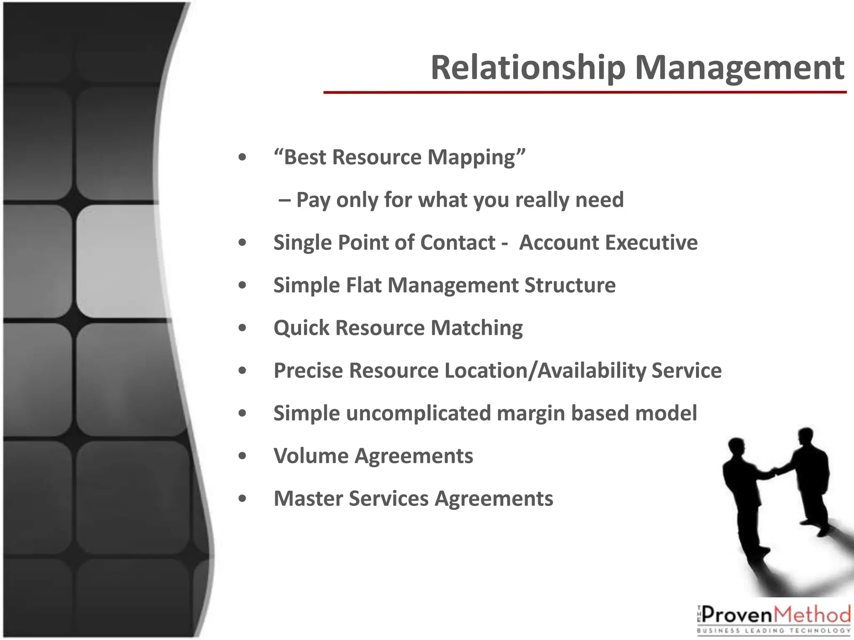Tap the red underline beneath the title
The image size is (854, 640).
pyautogui.click(x=584, y=92)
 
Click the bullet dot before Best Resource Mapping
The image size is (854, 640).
pyautogui.click(x=242, y=158)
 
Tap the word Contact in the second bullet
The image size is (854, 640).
pyautogui.click(x=457, y=242)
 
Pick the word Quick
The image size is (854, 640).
pyautogui.click(x=301, y=328)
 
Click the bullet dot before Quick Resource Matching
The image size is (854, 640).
pyautogui.click(x=242, y=328)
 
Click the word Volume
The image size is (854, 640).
pyautogui.click(x=310, y=456)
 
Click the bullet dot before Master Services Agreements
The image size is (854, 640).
pyautogui.click(x=242, y=499)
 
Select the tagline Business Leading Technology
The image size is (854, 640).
pyautogui.click(x=774, y=631)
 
